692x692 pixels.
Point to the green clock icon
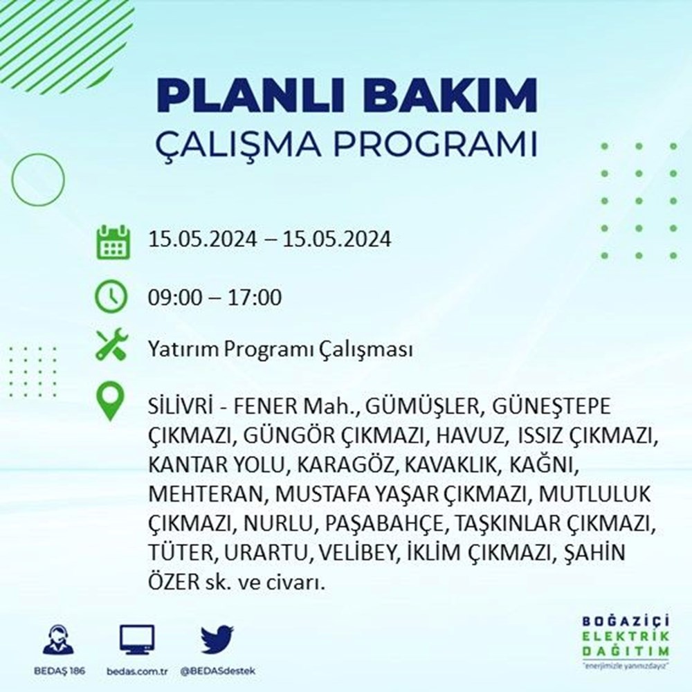click(111, 296)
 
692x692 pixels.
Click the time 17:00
click(255, 298)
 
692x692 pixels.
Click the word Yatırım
click(183, 350)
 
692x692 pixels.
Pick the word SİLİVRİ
click(181, 406)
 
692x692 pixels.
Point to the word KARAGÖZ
click(347, 465)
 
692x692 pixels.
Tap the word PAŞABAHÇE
click(383, 525)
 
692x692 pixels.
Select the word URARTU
click(265, 553)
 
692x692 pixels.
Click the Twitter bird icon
click(217, 639)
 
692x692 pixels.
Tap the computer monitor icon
click(137, 639)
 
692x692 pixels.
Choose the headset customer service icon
click(59, 639)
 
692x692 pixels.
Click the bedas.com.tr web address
click(137, 671)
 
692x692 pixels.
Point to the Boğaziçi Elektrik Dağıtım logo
click(626, 642)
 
